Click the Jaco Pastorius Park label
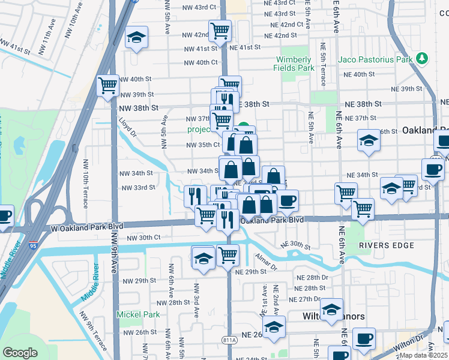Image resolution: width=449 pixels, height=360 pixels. click(x=375, y=59)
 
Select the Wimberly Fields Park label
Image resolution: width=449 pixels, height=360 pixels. click(x=295, y=64)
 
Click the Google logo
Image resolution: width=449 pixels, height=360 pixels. click(x=20, y=353)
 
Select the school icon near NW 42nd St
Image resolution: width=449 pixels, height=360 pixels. click(x=136, y=38)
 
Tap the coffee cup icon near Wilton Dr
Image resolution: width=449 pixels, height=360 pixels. click(x=364, y=338)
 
